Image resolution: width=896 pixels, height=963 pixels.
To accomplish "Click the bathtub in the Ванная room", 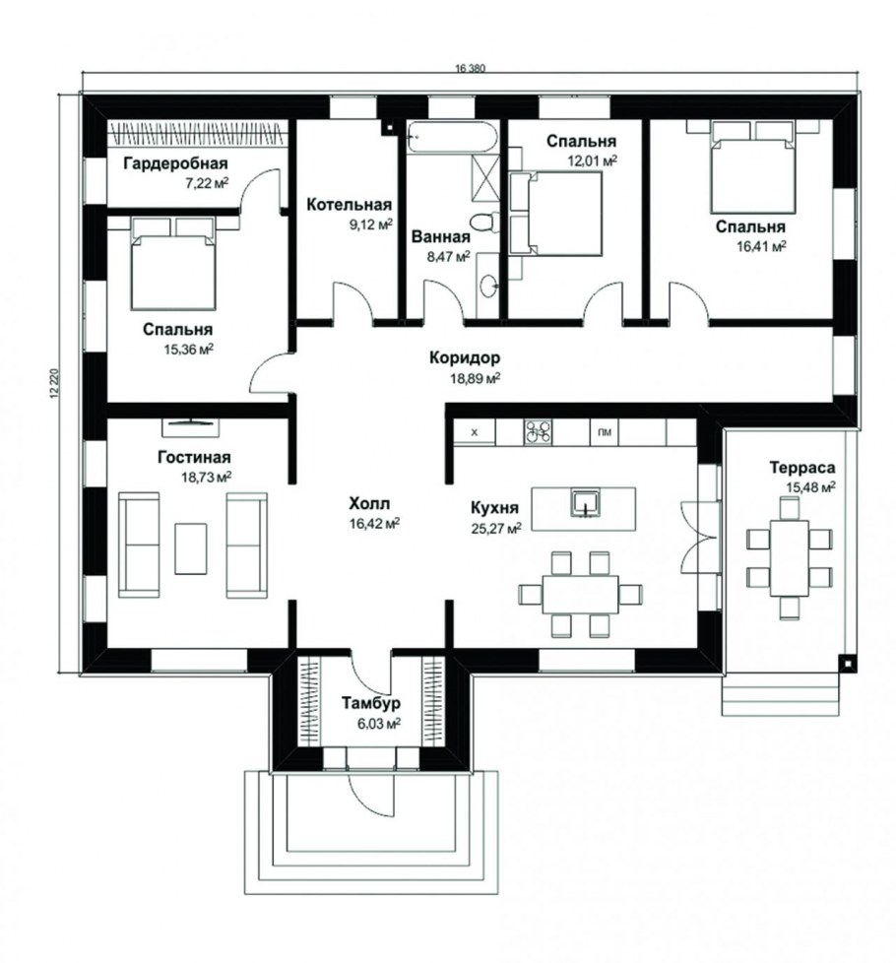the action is click(x=453, y=138).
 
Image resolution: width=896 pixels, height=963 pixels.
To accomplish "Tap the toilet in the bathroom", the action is click(x=483, y=223).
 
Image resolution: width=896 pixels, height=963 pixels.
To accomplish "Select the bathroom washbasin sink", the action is click(x=488, y=286).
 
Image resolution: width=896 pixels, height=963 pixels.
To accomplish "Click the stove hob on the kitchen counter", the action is click(x=538, y=432).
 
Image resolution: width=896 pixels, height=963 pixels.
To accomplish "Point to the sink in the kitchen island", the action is click(x=584, y=503).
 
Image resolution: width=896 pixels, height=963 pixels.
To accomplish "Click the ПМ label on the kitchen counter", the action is click(x=605, y=432).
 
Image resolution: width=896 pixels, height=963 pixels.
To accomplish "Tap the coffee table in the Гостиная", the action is click(x=191, y=548).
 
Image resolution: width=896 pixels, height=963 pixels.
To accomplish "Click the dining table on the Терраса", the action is click(x=790, y=557).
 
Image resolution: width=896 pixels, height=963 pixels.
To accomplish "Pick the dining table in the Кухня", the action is click(x=580, y=594).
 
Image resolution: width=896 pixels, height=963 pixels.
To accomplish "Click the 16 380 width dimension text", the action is click(x=470, y=69).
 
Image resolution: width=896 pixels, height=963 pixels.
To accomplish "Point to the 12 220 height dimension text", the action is click(x=53, y=384).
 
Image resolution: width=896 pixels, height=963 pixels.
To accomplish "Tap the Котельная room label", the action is click(x=349, y=205).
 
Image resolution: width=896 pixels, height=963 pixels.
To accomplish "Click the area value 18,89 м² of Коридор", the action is click(x=476, y=378).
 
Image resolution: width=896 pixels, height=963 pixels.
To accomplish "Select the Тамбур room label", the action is click(x=371, y=703).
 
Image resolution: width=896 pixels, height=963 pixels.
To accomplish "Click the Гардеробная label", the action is click(x=175, y=163).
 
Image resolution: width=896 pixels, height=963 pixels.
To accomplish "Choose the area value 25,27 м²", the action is click(x=496, y=528).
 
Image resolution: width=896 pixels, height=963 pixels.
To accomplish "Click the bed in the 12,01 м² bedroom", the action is click(x=555, y=213).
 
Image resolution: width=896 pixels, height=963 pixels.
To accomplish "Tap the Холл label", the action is click(x=369, y=504).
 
